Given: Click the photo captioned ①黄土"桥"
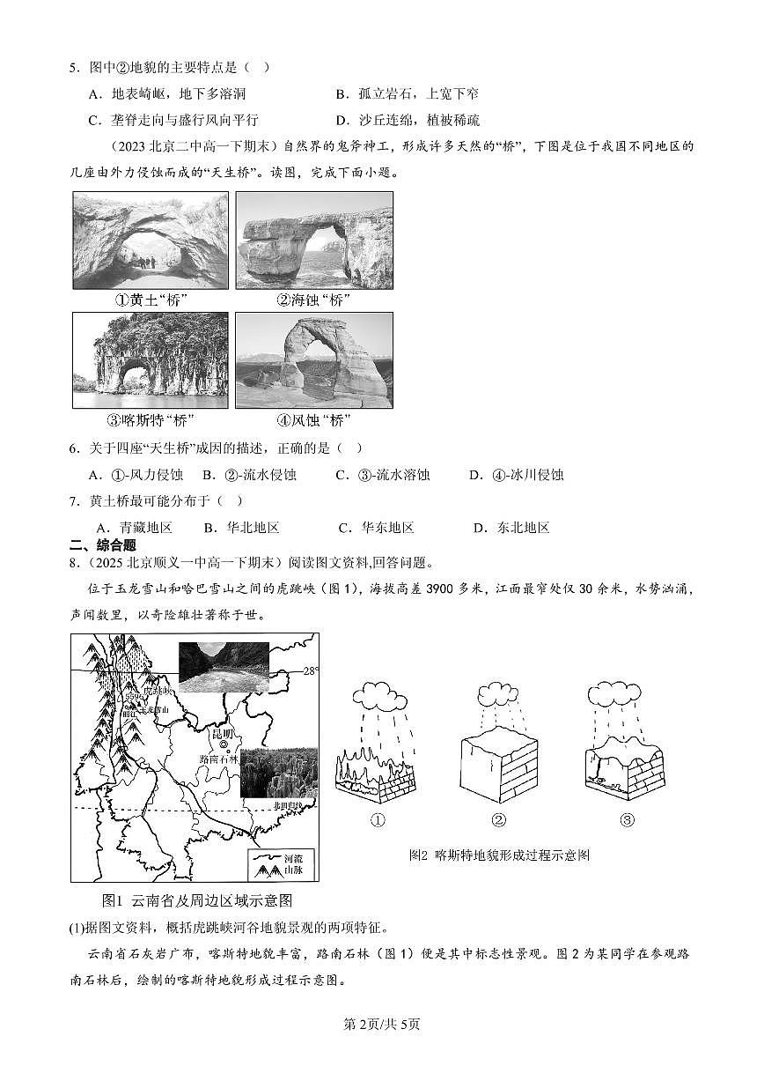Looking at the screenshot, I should (150, 240).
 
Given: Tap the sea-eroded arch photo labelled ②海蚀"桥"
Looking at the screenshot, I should (314, 240).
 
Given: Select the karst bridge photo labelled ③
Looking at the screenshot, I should (150, 360).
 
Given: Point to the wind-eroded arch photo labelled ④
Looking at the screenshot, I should (314, 360).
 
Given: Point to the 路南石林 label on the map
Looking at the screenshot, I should (220, 759).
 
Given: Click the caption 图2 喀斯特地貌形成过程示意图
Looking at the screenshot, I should (499, 855).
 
